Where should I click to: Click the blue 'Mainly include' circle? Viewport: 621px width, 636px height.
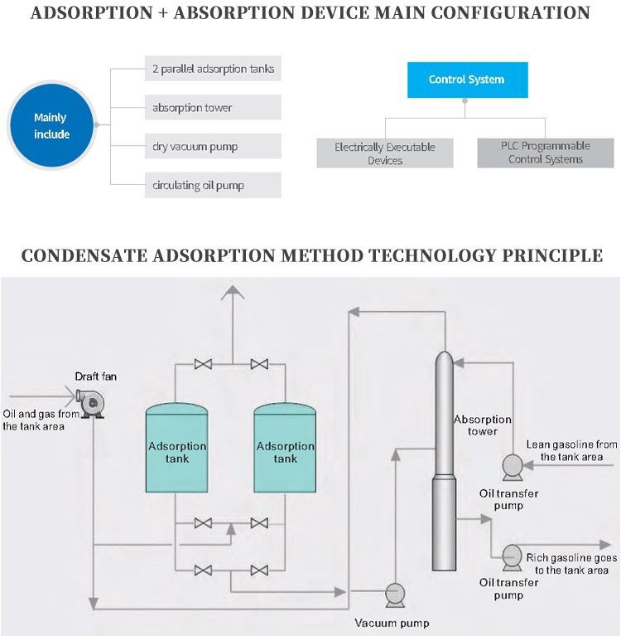(51, 126)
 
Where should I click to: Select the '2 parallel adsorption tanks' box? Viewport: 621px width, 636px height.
(213, 68)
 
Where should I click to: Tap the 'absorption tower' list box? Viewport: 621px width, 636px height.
(213, 107)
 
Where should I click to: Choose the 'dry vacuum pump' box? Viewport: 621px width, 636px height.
(213, 147)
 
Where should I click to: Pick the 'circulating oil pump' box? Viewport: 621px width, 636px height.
(213, 185)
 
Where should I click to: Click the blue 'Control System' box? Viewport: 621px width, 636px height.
(466, 80)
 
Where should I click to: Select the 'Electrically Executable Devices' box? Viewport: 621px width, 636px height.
(385, 153)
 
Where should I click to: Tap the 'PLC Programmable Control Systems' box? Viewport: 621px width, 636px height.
(546, 153)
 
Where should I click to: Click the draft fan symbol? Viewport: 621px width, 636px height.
(92, 403)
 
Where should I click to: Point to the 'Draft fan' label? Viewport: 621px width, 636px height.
(96, 376)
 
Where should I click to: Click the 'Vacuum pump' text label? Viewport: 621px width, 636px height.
(392, 623)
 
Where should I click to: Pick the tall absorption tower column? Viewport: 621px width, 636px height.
(445, 464)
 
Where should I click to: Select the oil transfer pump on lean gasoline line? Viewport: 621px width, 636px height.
(512, 467)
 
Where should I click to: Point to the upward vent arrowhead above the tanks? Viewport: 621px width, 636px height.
(233, 291)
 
